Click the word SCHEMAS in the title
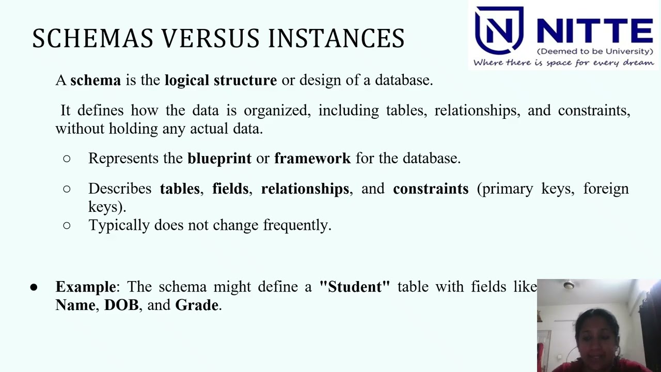pos(93,39)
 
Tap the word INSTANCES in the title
pos(336,39)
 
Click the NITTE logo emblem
pos(499,30)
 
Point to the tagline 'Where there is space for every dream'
pos(563,63)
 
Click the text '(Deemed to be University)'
pos(595,52)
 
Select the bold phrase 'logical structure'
pos(221,81)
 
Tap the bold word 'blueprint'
pos(219,159)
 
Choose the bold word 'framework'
pos(312,159)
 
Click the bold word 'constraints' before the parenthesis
pos(430,189)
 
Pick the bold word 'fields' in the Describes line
pos(230,189)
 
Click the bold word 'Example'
pos(86,287)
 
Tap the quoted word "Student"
pos(354,287)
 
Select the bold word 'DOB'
pos(121,305)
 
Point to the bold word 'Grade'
pos(196,305)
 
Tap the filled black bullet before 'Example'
pos(34,287)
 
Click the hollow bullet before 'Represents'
pos(67,159)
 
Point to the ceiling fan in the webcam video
pos(569,285)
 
